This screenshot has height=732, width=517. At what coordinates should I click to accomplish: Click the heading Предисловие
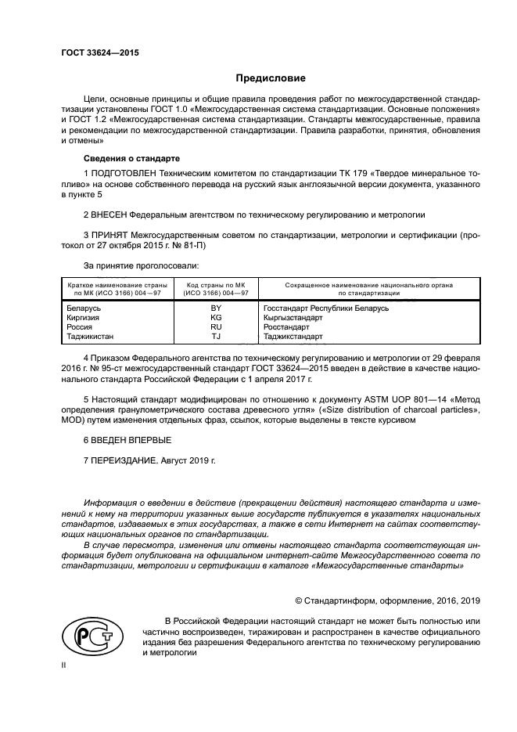click(x=271, y=78)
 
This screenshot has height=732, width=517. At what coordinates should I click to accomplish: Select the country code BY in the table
click(x=216, y=308)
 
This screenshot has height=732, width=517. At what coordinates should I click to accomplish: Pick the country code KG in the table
click(x=216, y=318)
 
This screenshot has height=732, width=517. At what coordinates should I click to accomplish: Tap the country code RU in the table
click(x=216, y=327)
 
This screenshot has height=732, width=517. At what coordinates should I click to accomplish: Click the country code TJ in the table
click(x=216, y=337)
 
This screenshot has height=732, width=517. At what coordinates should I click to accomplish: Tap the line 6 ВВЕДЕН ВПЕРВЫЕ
click(x=127, y=441)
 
